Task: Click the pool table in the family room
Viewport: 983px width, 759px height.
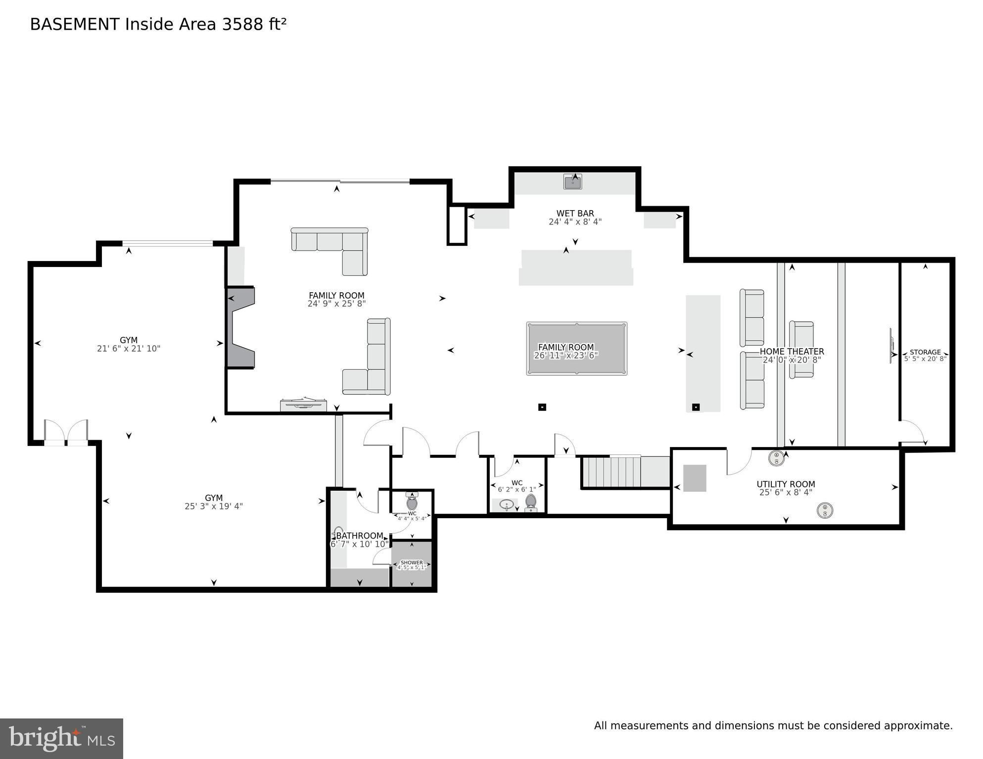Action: (x=576, y=349)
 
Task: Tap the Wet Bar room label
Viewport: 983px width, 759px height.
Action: (x=575, y=214)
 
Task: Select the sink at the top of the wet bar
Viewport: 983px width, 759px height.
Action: (x=572, y=182)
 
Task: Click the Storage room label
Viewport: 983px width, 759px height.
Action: (x=925, y=352)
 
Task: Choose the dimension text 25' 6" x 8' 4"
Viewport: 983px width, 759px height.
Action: (x=786, y=492)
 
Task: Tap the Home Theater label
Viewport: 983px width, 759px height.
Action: (x=792, y=352)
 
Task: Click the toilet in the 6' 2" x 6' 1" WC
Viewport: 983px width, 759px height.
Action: (x=531, y=502)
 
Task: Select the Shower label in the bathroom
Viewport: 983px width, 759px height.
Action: (x=412, y=563)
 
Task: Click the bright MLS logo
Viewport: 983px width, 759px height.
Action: (x=61, y=739)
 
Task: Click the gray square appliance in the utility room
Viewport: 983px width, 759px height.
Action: (x=695, y=478)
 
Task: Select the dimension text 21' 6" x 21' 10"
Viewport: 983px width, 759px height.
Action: (x=128, y=349)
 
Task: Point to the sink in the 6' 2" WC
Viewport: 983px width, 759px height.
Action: (x=506, y=505)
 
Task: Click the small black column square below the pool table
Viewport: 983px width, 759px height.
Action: (x=542, y=407)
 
